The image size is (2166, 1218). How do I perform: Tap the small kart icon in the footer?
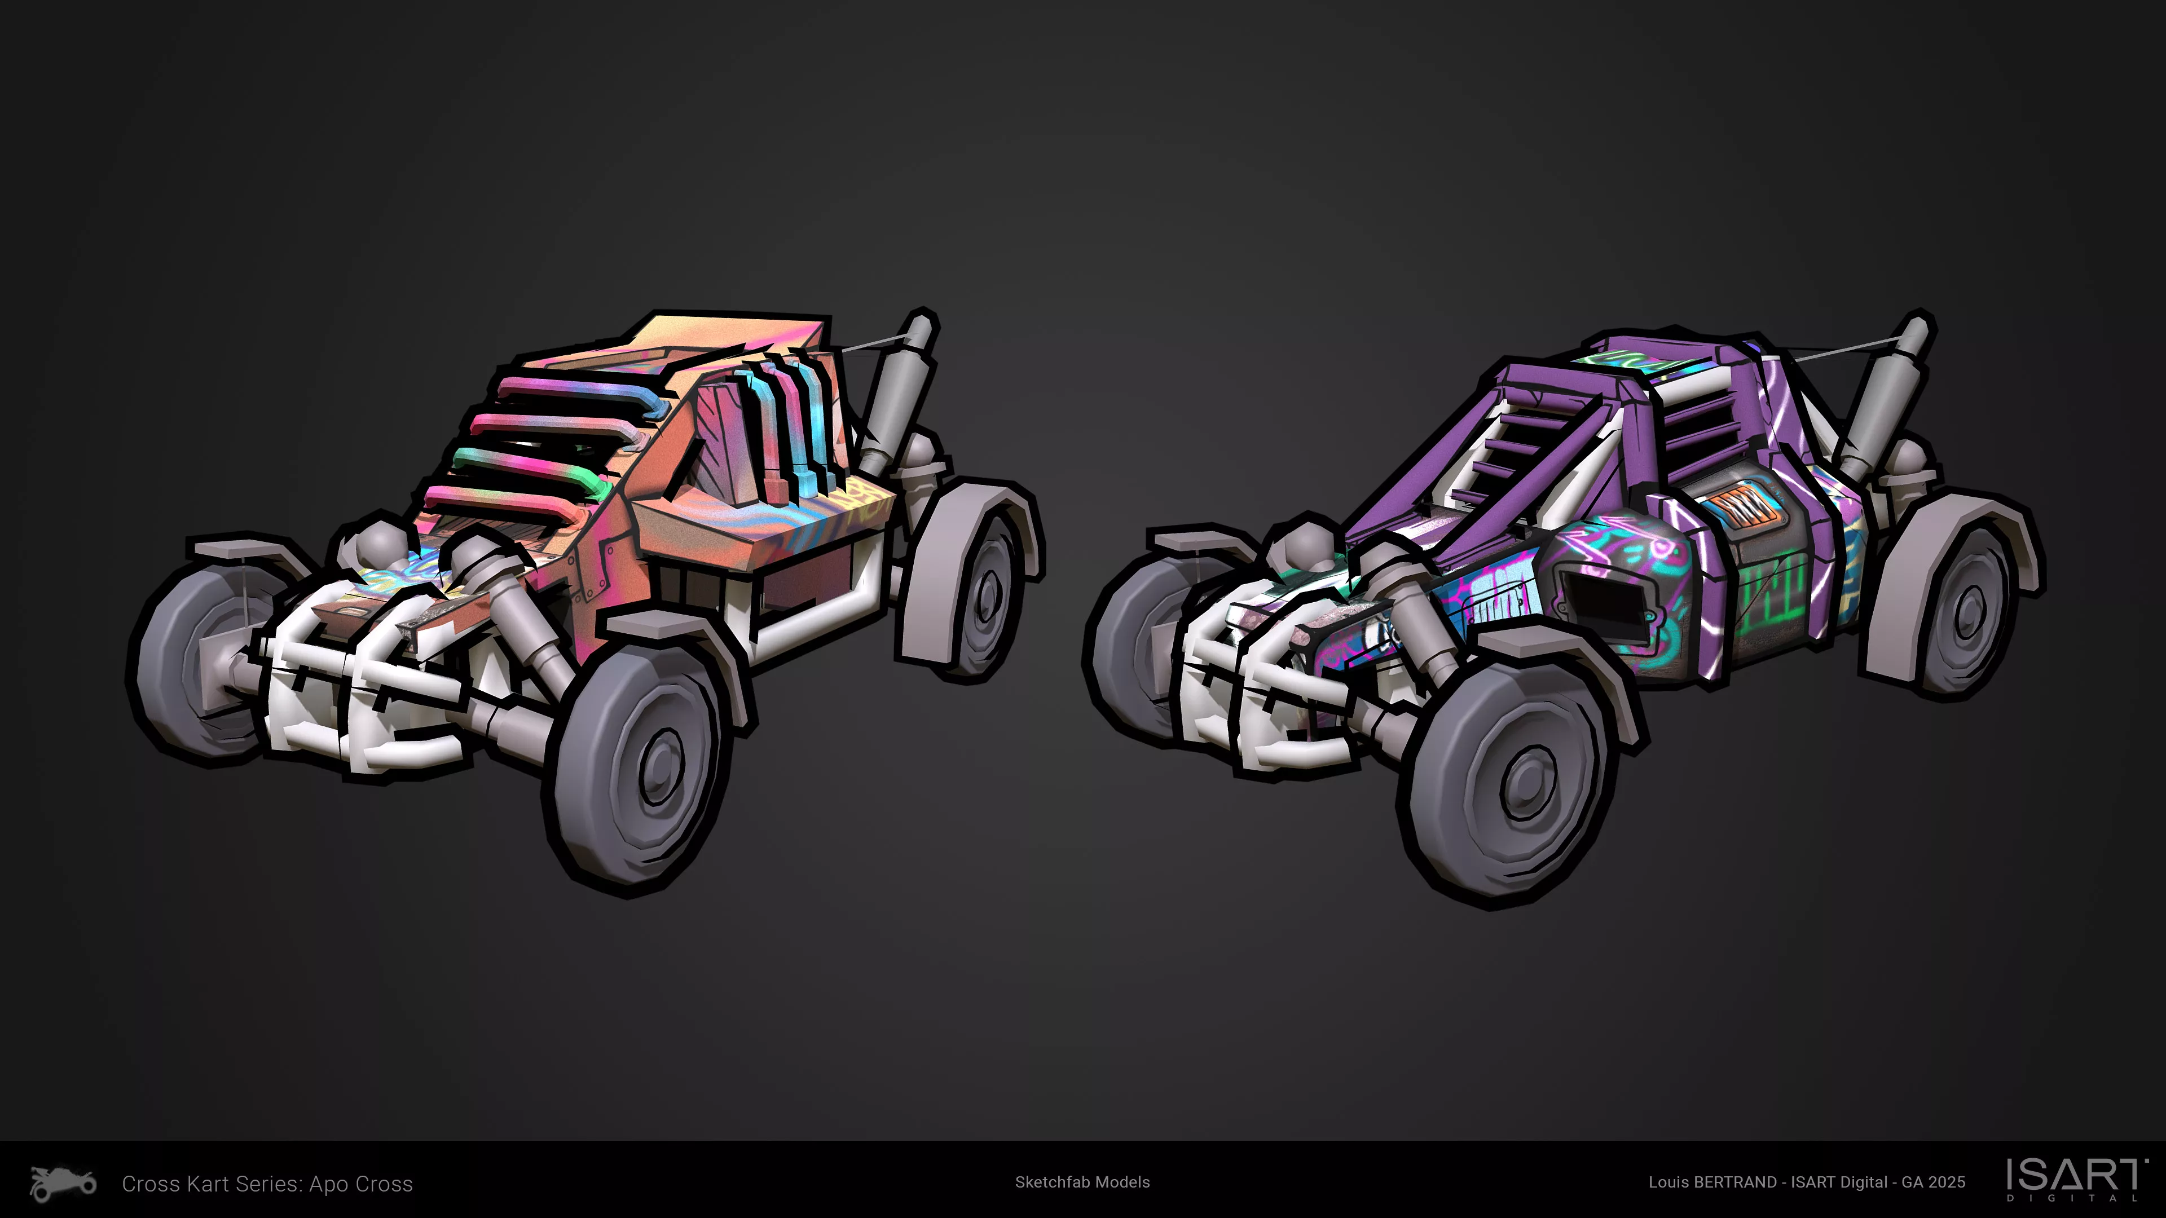[x=63, y=1184]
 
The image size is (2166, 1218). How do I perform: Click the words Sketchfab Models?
[x=1082, y=1182]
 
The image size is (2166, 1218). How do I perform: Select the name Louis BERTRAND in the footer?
[x=1712, y=1182]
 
